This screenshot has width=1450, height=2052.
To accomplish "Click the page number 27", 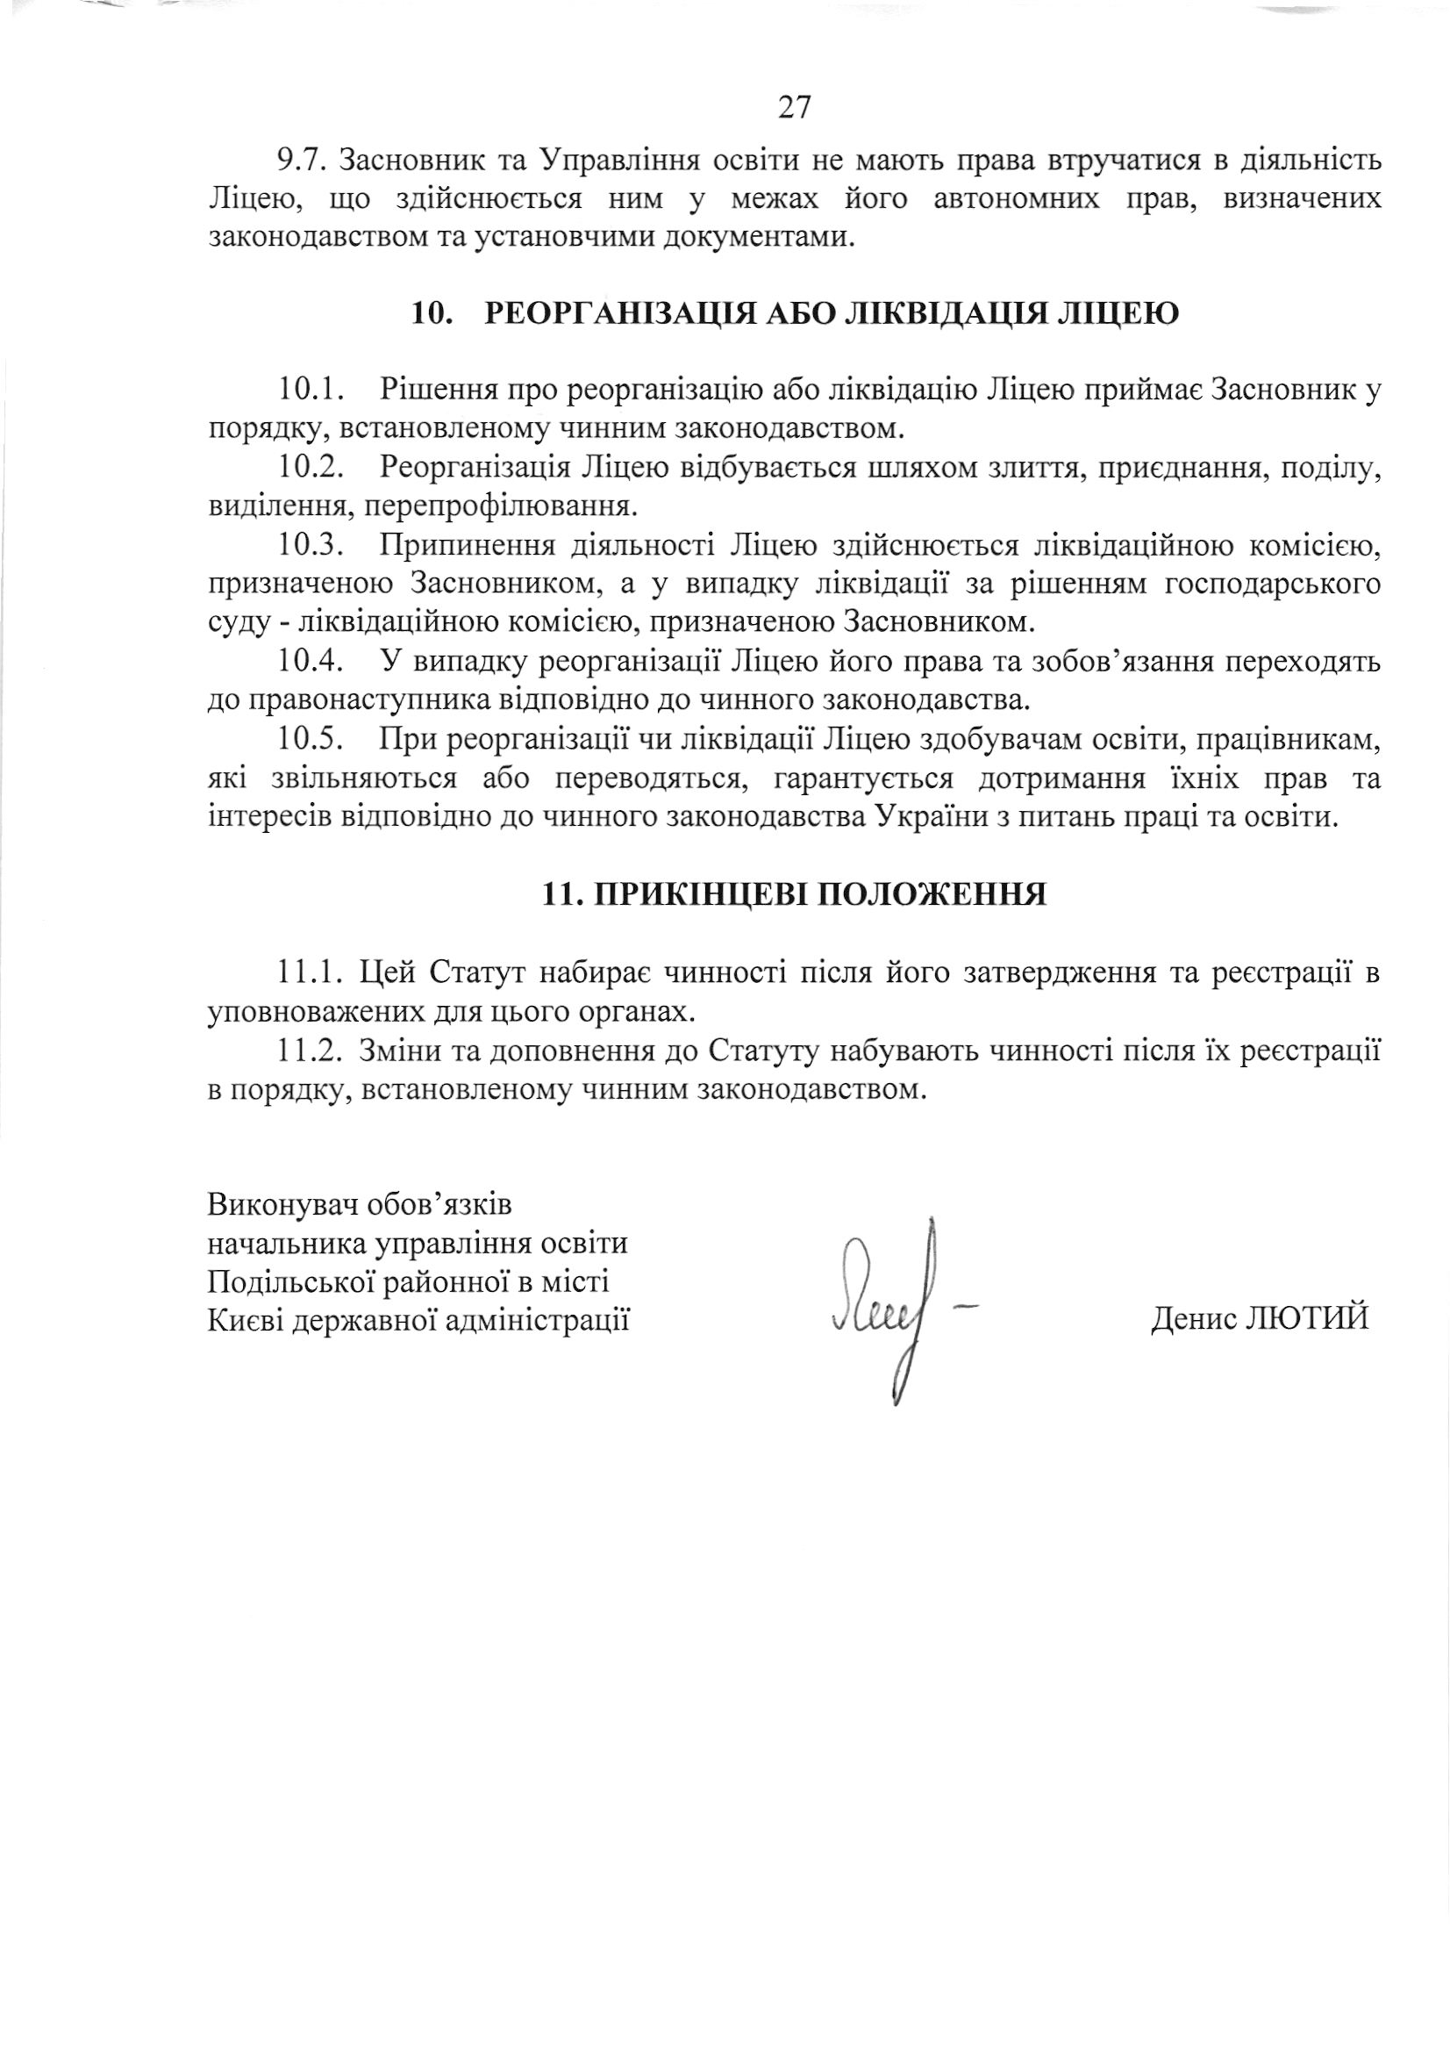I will (794, 108).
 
